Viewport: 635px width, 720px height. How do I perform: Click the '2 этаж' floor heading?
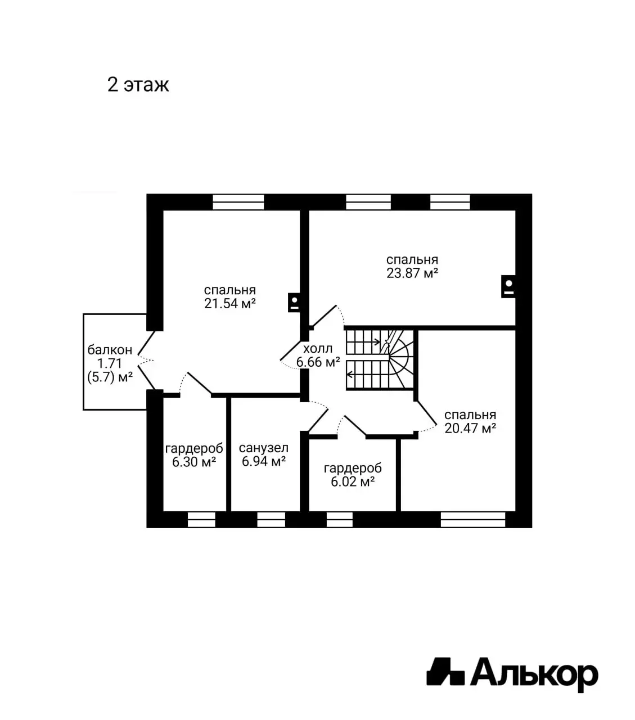tap(138, 85)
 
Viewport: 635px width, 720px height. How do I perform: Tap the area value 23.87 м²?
tap(412, 273)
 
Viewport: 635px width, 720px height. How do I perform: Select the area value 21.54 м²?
tap(230, 304)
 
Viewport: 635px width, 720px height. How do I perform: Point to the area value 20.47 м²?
tap(470, 429)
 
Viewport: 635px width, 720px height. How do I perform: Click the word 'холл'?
tap(318, 348)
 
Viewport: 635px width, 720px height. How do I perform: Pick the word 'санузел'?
tap(264, 448)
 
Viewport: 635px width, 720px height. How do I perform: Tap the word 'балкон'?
tap(110, 350)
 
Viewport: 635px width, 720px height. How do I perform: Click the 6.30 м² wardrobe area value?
tap(195, 462)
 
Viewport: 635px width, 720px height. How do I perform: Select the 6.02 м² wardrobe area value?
tap(353, 482)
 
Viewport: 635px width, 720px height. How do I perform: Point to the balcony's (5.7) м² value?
tap(110, 377)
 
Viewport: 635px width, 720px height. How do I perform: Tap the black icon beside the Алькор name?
tap(445, 671)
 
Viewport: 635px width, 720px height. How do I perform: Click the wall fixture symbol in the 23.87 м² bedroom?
tap(508, 286)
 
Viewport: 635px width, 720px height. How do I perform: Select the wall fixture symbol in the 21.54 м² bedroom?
tap(294, 303)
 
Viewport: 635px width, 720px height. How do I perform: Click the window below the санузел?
tap(271, 519)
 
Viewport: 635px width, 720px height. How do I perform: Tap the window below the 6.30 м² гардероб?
tap(201, 519)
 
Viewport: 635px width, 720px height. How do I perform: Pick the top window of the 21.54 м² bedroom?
tap(238, 202)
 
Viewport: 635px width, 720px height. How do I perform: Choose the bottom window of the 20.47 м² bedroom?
tap(473, 519)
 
